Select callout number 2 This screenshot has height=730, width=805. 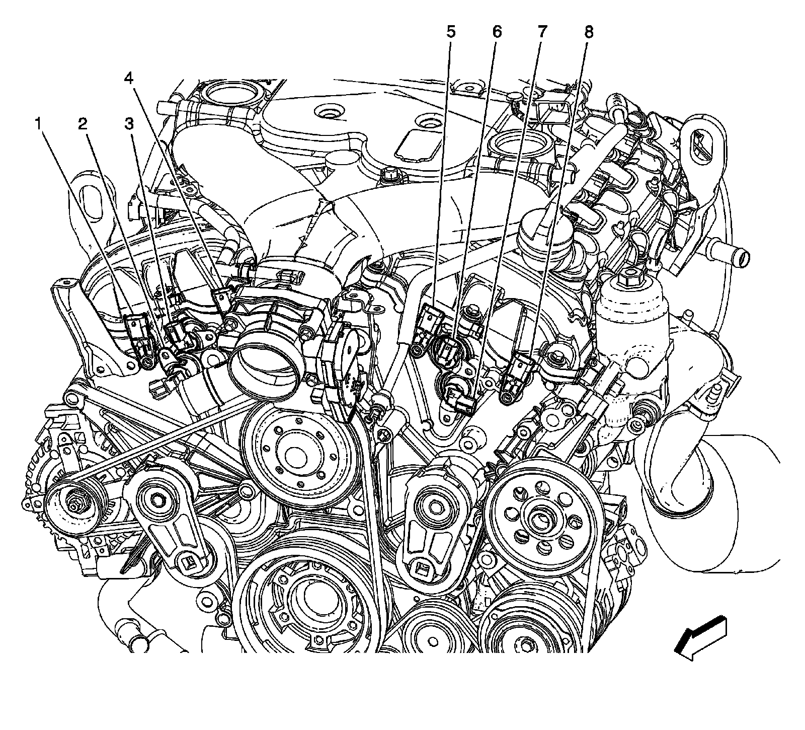pyautogui.click(x=83, y=123)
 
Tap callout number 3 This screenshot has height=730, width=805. pyautogui.click(x=130, y=123)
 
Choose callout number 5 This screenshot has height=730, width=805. pyautogui.click(x=450, y=32)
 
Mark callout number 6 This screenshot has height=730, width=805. pyautogui.click(x=497, y=32)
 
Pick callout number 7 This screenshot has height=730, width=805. pyautogui.click(x=542, y=32)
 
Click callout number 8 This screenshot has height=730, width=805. pyautogui.click(x=589, y=32)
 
